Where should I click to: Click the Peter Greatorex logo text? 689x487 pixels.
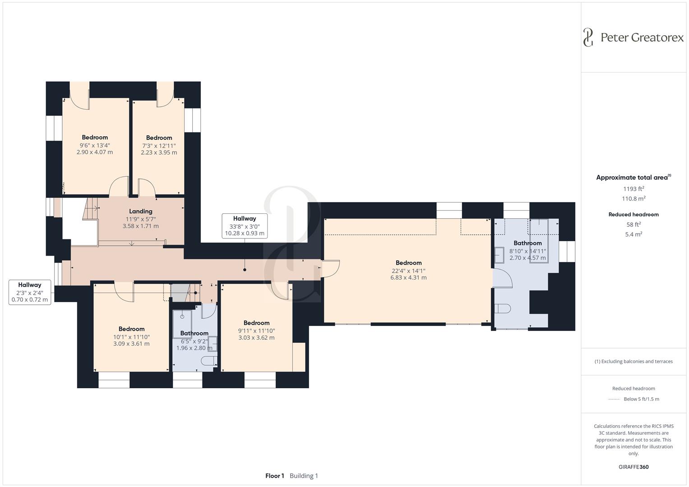point(642,37)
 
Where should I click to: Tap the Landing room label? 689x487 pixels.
point(141,211)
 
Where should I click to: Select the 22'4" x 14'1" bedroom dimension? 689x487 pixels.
point(408,271)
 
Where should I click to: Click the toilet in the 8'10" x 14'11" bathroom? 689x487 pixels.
point(503,308)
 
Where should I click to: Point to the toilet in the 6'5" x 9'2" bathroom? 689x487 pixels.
point(209,361)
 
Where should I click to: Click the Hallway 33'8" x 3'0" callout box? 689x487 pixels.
point(245,226)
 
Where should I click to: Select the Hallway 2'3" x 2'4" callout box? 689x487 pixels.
point(30,292)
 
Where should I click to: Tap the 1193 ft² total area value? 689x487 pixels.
point(634,189)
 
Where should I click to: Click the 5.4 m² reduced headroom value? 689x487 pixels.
point(634,234)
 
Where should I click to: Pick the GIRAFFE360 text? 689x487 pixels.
point(634,467)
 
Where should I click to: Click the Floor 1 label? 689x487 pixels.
point(275,476)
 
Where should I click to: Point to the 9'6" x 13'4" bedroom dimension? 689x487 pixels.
point(95,145)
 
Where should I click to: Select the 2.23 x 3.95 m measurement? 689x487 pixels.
point(159,152)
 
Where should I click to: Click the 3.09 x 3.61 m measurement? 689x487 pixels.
point(131,344)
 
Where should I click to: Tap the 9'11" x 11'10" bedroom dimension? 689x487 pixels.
point(257,331)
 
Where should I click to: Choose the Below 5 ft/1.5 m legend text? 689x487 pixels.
point(641,399)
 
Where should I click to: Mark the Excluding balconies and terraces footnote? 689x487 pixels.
point(634,361)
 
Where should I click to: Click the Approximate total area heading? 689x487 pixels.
point(634,177)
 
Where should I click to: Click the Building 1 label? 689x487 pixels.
point(304,476)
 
